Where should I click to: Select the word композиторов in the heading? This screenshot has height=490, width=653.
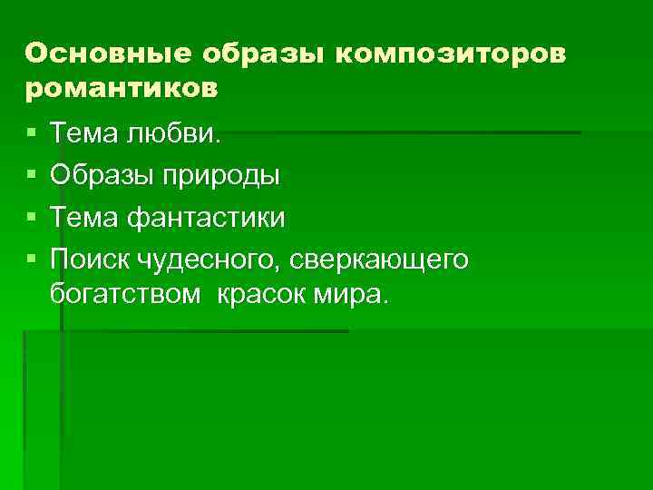click(x=450, y=54)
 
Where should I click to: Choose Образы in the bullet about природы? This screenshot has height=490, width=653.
click(x=103, y=175)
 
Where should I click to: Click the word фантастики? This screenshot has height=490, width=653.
click(x=208, y=217)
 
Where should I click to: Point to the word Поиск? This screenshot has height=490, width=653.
click(x=92, y=259)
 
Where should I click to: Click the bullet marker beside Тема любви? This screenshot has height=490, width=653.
click(x=32, y=134)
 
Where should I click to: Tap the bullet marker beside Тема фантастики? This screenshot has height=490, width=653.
click(x=32, y=218)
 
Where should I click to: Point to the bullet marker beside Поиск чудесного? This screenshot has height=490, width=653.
click(x=32, y=260)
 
